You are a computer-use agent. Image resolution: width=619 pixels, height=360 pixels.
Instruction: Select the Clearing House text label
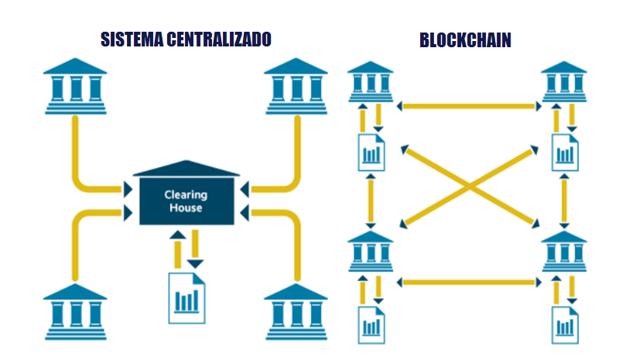[186, 201]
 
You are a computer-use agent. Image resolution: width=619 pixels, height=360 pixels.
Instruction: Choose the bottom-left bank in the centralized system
[75, 313]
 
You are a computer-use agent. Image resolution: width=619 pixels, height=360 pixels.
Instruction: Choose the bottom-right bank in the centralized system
[296, 313]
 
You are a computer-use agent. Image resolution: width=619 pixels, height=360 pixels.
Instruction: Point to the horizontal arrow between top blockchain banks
[468, 105]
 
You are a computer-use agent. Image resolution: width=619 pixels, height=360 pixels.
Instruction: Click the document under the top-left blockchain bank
[371, 151]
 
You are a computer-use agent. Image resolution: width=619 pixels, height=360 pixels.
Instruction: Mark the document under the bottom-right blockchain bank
[564, 324]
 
